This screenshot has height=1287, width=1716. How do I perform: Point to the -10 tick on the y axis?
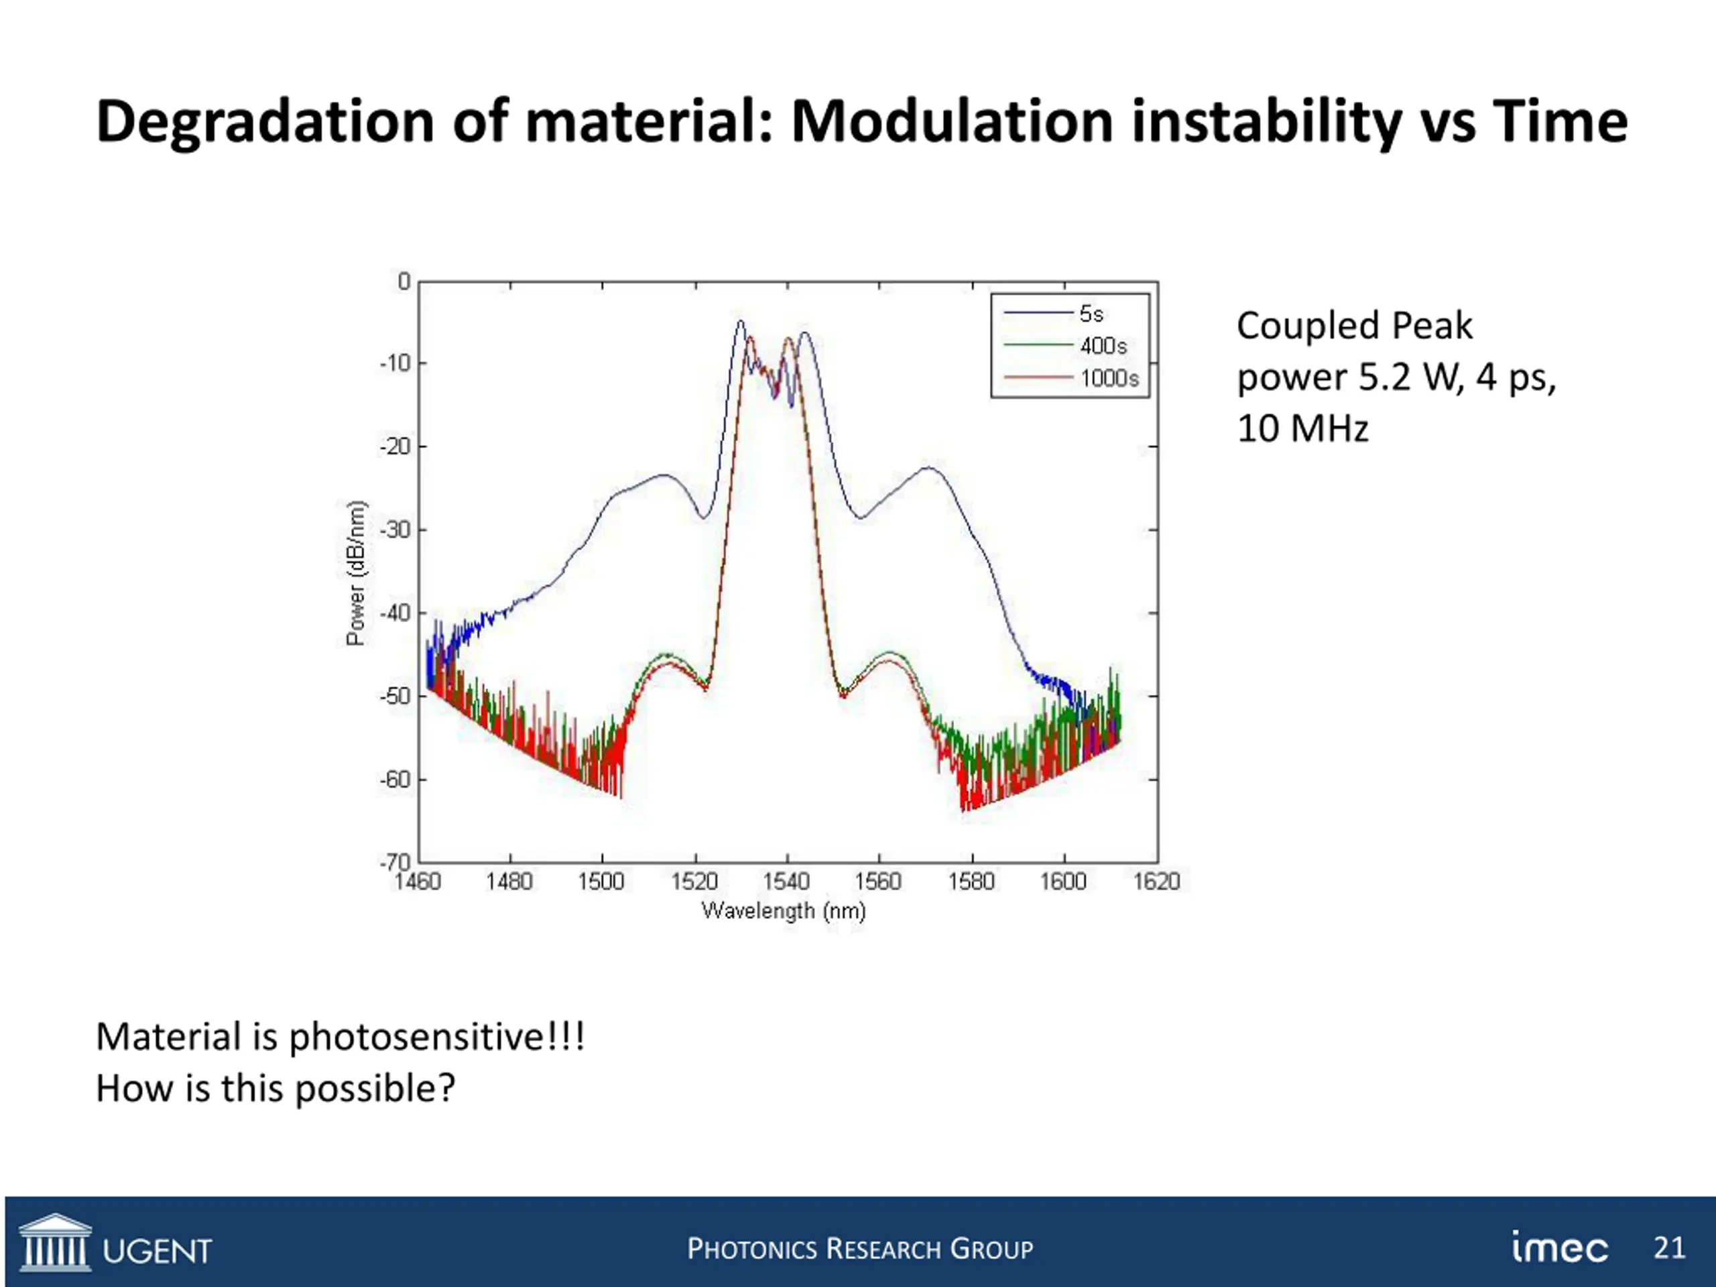pyautogui.click(x=394, y=364)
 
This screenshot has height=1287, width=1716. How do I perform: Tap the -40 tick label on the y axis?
pyautogui.click(x=394, y=613)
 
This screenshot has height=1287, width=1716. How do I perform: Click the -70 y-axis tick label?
pyautogui.click(x=394, y=862)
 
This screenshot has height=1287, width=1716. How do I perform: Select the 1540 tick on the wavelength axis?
pyautogui.click(x=787, y=882)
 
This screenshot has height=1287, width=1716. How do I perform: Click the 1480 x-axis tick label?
pyautogui.click(x=509, y=882)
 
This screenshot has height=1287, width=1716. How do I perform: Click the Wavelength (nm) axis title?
pyautogui.click(x=784, y=911)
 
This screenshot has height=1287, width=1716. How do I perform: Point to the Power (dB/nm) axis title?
pyautogui.click(x=356, y=573)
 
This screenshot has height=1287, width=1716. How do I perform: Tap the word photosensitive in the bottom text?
pyautogui.click(x=418, y=1037)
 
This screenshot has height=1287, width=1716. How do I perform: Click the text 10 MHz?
pyautogui.click(x=1302, y=428)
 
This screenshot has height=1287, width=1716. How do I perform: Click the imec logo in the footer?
pyautogui.click(x=1559, y=1248)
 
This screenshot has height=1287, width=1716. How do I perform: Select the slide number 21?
pyautogui.click(x=1670, y=1247)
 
